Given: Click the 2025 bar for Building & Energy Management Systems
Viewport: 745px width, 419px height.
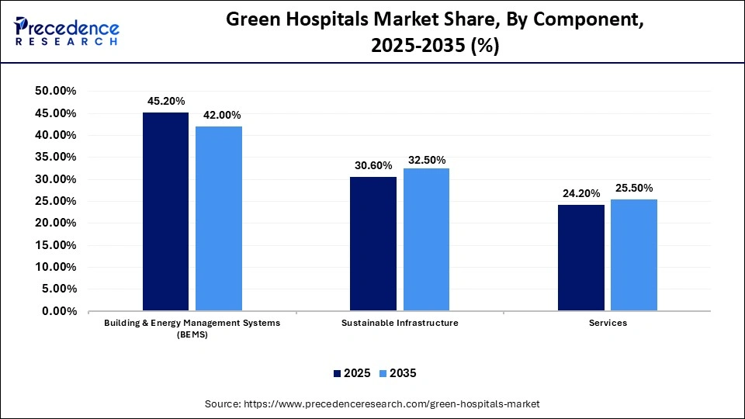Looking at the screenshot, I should pos(165,212).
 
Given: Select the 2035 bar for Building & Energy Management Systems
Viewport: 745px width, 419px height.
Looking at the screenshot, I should pos(218,219).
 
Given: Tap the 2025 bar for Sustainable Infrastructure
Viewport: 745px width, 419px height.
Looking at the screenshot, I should pos(372,244).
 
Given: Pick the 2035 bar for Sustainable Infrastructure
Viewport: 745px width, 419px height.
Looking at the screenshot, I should pos(426,240).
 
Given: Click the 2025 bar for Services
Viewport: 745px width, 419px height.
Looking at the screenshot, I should pos(580,258).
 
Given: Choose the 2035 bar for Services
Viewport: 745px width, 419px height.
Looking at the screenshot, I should pos(633,255).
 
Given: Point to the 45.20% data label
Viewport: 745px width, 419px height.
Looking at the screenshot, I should pos(165,101).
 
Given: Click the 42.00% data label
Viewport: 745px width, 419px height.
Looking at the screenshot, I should pos(219,115).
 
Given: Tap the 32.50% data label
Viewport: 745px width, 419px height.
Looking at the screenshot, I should pos(426,160).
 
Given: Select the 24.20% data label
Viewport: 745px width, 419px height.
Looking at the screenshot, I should pos(580,193).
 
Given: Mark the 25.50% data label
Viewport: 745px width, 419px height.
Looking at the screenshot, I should pos(633,188).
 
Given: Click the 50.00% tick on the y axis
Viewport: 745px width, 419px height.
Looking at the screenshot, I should pos(55,92).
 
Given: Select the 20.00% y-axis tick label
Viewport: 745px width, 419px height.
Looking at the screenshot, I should pos(55,223).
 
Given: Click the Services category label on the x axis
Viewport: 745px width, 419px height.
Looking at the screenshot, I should pos(607,323).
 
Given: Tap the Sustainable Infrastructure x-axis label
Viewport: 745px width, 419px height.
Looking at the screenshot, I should pos(400,323).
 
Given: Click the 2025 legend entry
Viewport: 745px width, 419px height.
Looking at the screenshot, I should pos(352,373).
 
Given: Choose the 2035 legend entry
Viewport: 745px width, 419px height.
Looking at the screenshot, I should pos(397,373).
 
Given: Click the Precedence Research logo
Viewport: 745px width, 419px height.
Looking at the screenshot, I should pos(66,31).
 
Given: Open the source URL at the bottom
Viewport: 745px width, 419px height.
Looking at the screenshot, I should pos(372,404).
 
